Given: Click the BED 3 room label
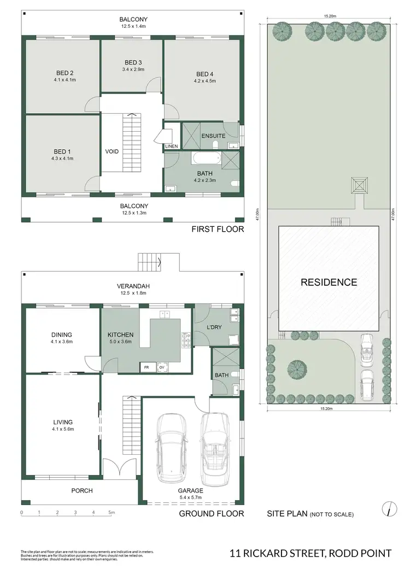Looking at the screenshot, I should tap(133, 62).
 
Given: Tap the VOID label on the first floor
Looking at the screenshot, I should tap(112, 151).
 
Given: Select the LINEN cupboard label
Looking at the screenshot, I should tap(171, 147).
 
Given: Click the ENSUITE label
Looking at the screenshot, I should tap(213, 136).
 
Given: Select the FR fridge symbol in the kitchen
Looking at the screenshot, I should tap(147, 367).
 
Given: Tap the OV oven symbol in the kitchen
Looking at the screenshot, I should tap(161, 367).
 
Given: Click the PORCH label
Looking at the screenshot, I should tap(82, 490).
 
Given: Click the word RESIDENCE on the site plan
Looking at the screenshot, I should tap(328, 283).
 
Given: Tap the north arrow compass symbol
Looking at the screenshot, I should tap(388, 508).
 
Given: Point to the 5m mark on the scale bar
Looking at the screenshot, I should tap(111, 513).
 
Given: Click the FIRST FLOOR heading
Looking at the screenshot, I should tap(218, 229).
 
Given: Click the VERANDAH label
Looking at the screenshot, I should tap(133, 286).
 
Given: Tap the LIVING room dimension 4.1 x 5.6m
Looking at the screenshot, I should tap(63, 429).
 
